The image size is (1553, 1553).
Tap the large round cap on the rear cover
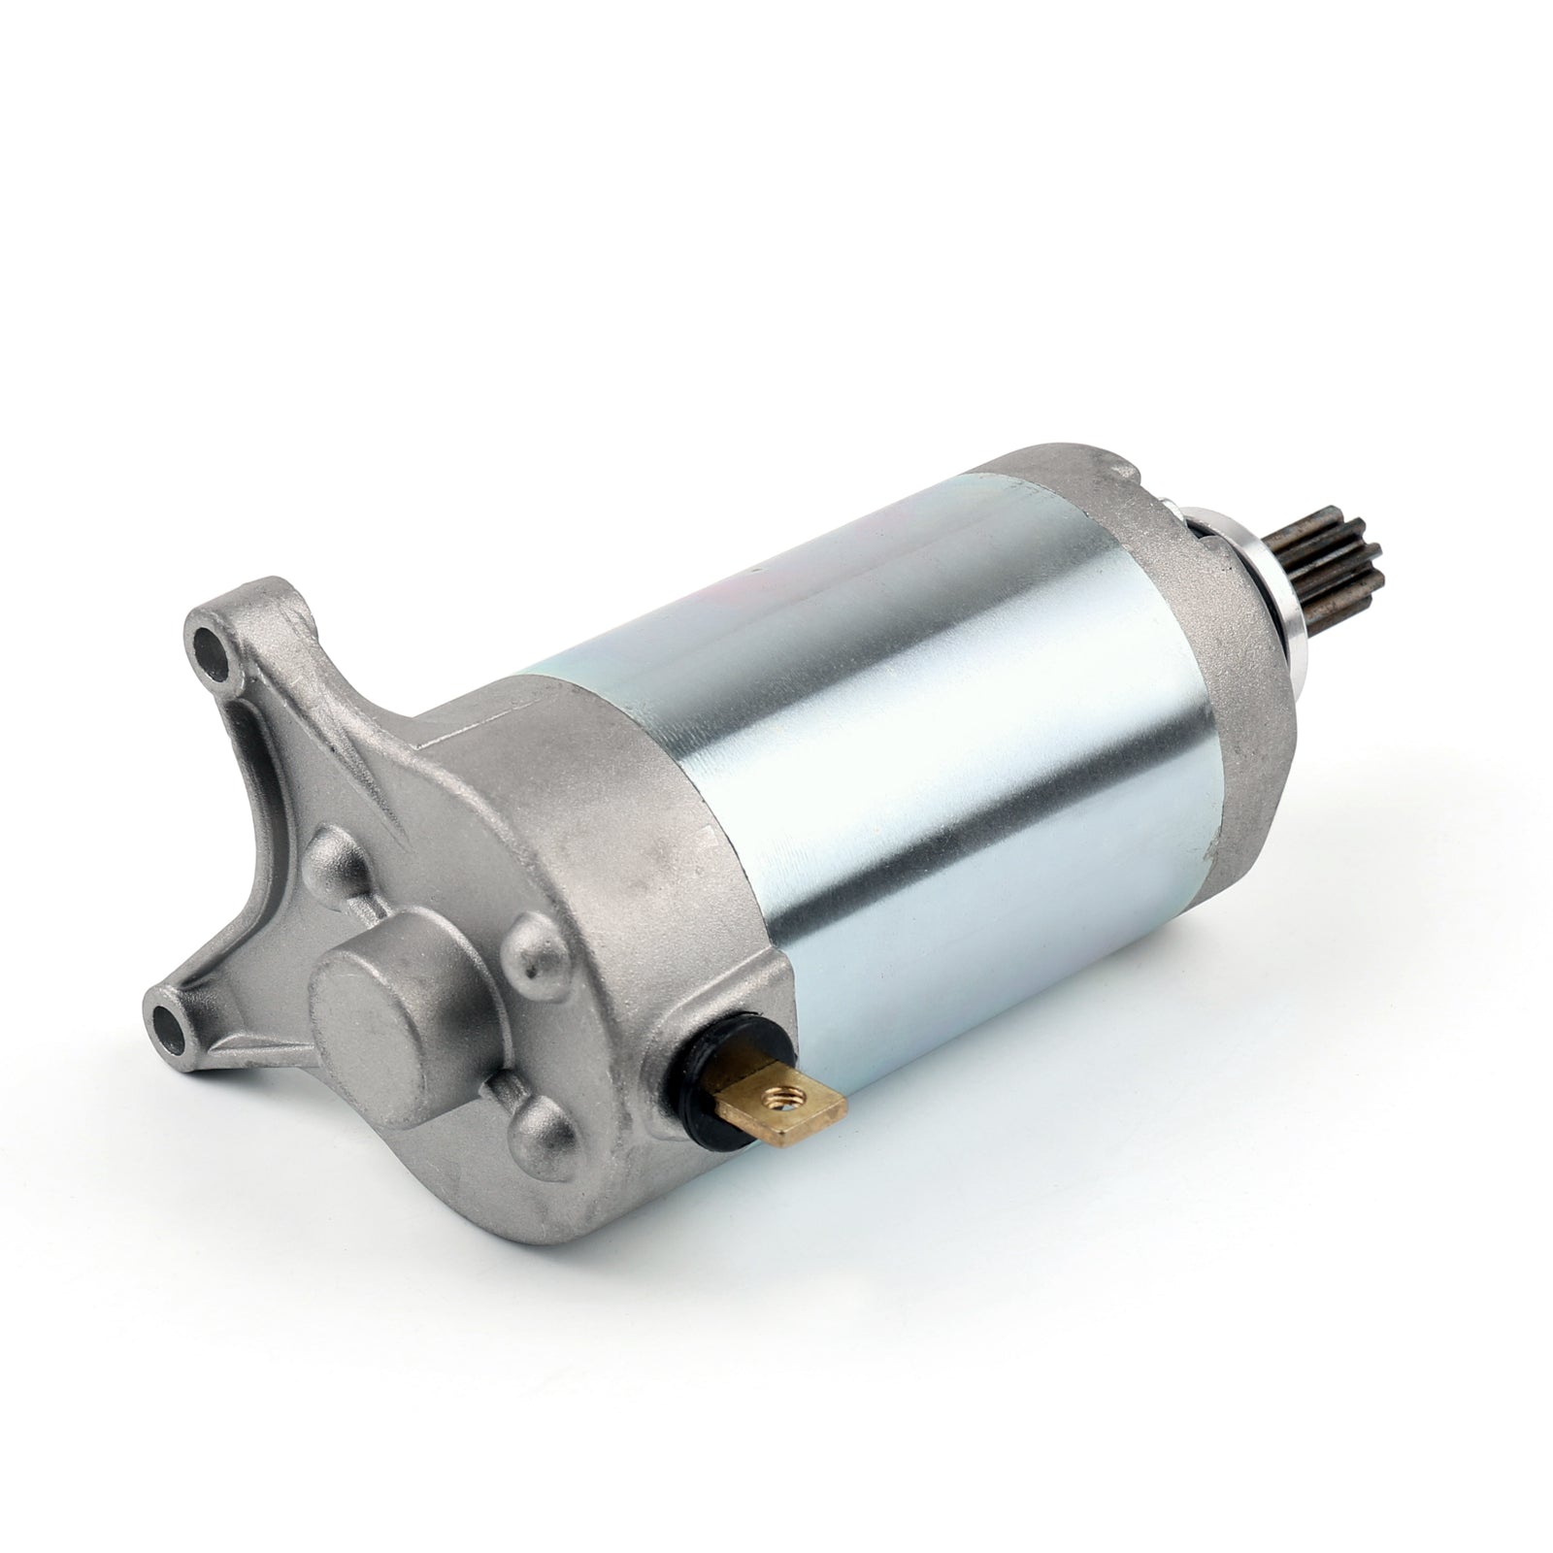click(x=388, y=1000)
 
